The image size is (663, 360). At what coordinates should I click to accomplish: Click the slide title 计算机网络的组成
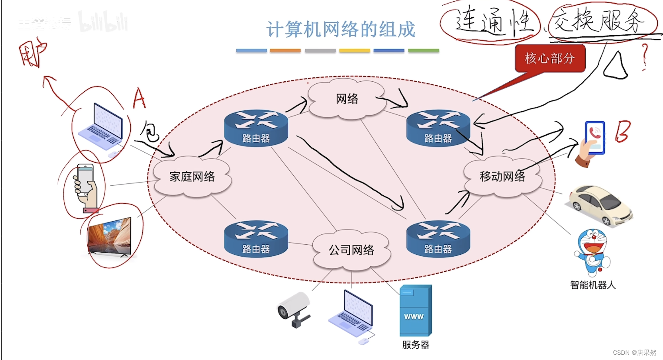(x=341, y=30)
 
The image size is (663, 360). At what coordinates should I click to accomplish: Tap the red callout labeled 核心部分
(x=550, y=58)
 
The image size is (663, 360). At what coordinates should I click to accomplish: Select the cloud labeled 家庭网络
(x=192, y=177)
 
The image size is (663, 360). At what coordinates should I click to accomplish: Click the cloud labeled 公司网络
(x=351, y=250)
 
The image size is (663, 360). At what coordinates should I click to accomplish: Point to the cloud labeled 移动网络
(x=502, y=176)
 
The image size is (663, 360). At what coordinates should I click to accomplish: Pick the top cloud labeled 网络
(x=347, y=99)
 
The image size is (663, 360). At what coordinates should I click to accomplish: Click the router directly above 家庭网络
(x=256, y=128)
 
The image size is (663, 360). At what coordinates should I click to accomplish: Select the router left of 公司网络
(x=256, y=239)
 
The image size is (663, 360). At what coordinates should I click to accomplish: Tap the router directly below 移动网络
(x=438, y=239)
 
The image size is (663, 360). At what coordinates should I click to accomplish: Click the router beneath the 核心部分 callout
(x=438, y=128)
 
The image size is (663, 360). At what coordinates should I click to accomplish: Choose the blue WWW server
(x=415, y=310)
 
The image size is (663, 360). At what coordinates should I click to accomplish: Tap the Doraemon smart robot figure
(x=592, y=253)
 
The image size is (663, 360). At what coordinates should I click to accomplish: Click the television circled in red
(x=109, y=236)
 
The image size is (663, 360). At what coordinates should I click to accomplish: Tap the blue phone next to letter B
(x=594, y=138)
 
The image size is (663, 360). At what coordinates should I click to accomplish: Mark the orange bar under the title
(x=285, y=51)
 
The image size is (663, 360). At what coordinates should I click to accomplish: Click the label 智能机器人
(x=593, y=285)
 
